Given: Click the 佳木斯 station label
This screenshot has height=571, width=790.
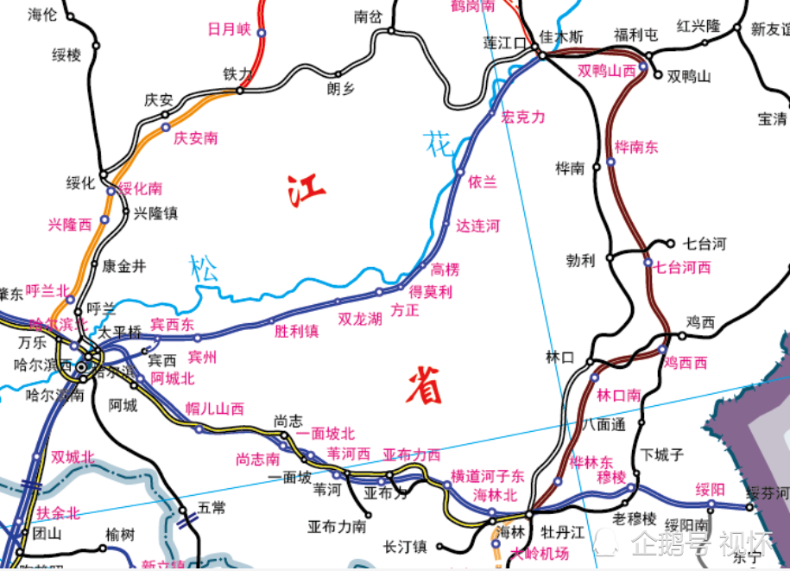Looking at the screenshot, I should click(561, 37).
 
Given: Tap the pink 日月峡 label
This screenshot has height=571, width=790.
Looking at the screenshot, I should click(229, 29).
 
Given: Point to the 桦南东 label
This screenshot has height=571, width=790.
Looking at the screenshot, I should click(636, 147).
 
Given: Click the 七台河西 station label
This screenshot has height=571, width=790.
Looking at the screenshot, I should click(682, 268).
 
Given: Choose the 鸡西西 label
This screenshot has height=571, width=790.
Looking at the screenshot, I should click(686, 362).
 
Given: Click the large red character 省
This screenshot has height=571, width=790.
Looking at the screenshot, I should click(425, 384).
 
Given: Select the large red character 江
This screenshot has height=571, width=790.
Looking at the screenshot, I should click(307, 190).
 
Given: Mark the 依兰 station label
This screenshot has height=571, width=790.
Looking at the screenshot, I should click(483, 182).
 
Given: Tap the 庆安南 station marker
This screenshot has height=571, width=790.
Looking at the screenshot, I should click(166, 127).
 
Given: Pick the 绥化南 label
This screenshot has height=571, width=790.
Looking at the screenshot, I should click(140, 188).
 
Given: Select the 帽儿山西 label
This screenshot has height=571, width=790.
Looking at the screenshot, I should click(215, 409).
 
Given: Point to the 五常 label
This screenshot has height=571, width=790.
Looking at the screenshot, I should click(212, 508).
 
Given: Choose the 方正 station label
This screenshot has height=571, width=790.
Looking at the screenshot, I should click(405, 309).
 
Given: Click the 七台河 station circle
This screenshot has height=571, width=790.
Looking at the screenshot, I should click(670, 244).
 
